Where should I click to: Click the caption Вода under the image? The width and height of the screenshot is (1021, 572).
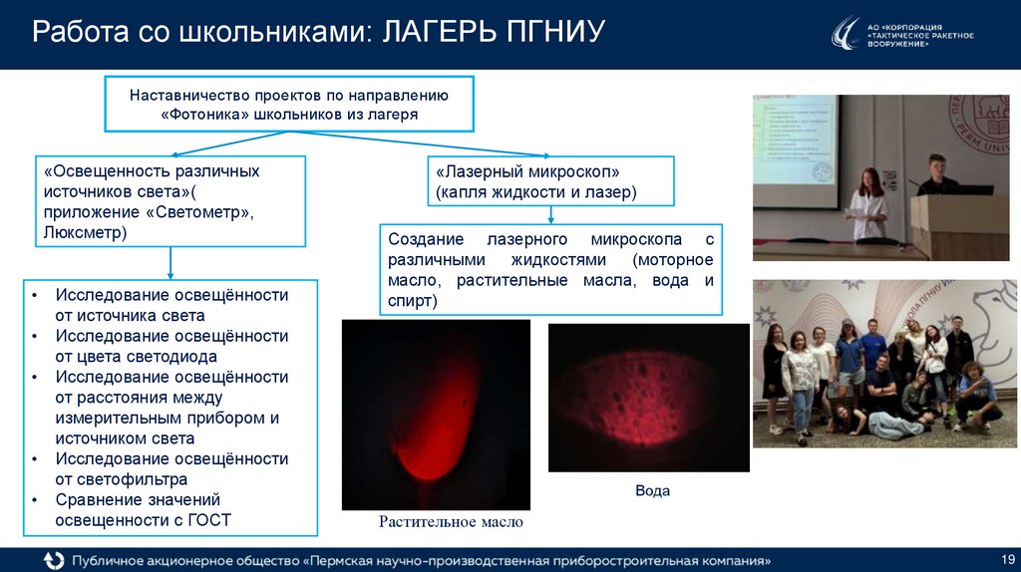(x=652, y=491)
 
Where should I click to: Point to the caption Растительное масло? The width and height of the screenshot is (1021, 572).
(x=451, y=522)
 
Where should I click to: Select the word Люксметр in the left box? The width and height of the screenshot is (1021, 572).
(x=85, y=232)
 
